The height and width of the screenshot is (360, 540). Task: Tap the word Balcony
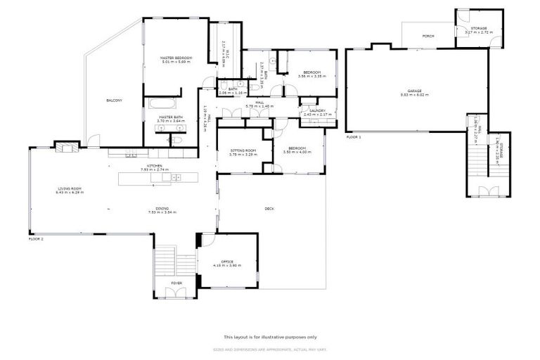tap(114, 101)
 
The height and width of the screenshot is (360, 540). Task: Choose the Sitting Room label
tap(241, 150)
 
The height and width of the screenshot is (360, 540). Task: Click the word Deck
tap(269, 208)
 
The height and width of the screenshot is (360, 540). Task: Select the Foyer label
tap(176, 283)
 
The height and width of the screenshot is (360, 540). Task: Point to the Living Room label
tap(70, 188)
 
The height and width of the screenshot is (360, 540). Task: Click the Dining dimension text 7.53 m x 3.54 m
tap(162, 212)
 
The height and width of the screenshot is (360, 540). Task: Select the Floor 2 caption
tap(36, 239)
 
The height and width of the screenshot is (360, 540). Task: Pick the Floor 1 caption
tap(353, 138)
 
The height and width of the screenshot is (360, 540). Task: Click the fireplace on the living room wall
tap(67, 148)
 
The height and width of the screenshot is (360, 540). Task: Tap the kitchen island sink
tap(174, 178)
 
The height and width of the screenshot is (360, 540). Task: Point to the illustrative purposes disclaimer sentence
tap(270, 337)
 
